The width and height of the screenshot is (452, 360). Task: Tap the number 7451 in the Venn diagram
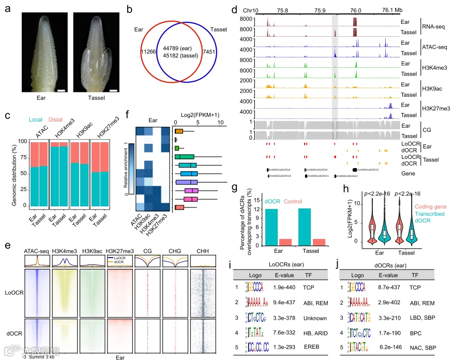tap(214, 52)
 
